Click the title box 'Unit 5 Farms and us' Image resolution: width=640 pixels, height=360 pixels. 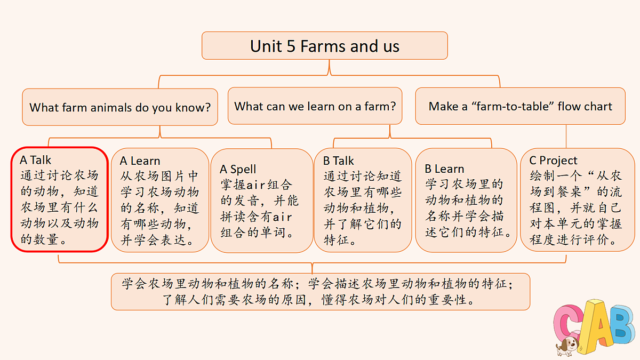(x=325, y=46)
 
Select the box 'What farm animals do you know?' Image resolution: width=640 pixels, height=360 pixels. (x=120, y=107)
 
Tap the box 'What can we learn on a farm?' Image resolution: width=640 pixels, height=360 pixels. (x=315, y=106)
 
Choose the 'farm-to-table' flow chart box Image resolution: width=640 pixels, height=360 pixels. (x=521, y=106)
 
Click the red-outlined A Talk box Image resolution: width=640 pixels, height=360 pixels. (x=59, y=199)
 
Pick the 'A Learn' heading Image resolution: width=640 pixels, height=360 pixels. (x=140, y=161)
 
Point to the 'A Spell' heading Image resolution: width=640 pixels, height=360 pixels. (x=238, y=169)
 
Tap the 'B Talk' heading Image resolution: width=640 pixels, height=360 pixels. (x=338, y=161)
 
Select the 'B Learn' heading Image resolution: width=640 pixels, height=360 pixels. (x=444, y=169)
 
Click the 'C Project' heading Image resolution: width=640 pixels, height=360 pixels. (x=553, y=161)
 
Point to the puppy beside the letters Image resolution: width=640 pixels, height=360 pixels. (x=567, y=346)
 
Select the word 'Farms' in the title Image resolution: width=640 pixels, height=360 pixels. (x=323, y=46)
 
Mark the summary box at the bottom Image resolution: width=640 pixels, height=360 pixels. (x=321, y=292)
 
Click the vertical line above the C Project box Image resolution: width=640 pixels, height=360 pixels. (x=566, y=137)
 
